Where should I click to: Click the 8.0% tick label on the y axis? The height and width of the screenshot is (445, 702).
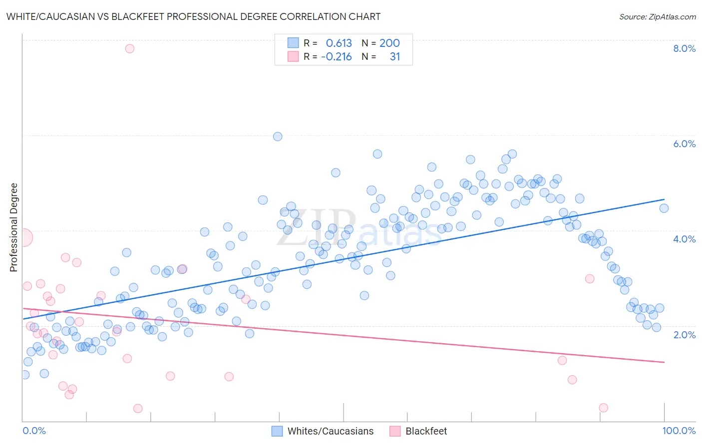point(684,48)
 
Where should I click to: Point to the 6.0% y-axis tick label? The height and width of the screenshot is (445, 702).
point(684,144)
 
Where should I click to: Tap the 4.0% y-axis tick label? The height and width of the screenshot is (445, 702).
point(684,239)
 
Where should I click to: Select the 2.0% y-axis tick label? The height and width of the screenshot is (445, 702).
point(684,334)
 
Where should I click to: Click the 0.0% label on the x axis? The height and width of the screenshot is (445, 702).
point(34,431)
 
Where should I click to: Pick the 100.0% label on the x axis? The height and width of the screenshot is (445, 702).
point(679,431)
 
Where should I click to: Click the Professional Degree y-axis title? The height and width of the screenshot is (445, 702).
point(13,227)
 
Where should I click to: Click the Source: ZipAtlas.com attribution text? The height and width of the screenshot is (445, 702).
point(657,16)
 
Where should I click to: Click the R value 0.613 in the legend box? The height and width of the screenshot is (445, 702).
point(339,43)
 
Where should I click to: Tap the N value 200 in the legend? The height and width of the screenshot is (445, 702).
point(389,43)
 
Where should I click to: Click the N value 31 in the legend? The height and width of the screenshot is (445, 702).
point(394,57)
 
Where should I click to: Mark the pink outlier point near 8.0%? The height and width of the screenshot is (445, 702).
point(130,48)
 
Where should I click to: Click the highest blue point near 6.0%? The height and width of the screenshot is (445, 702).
point(278,137)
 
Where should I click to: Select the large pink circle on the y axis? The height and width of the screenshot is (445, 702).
point(24,237)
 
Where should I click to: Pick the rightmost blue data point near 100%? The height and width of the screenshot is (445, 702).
point(664,209)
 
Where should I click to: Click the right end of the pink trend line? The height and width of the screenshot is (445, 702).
point(664,362)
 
